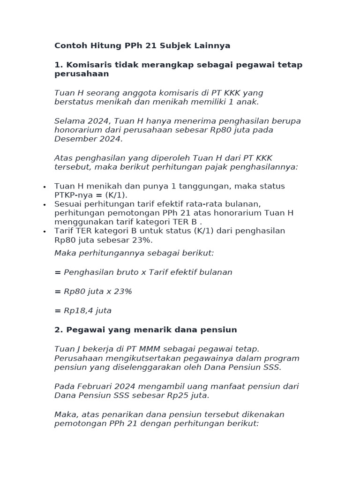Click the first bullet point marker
(44, 187)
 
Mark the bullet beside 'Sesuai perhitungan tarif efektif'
(44, 205)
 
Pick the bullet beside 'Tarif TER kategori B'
(44, 232)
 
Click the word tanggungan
(205, 186)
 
